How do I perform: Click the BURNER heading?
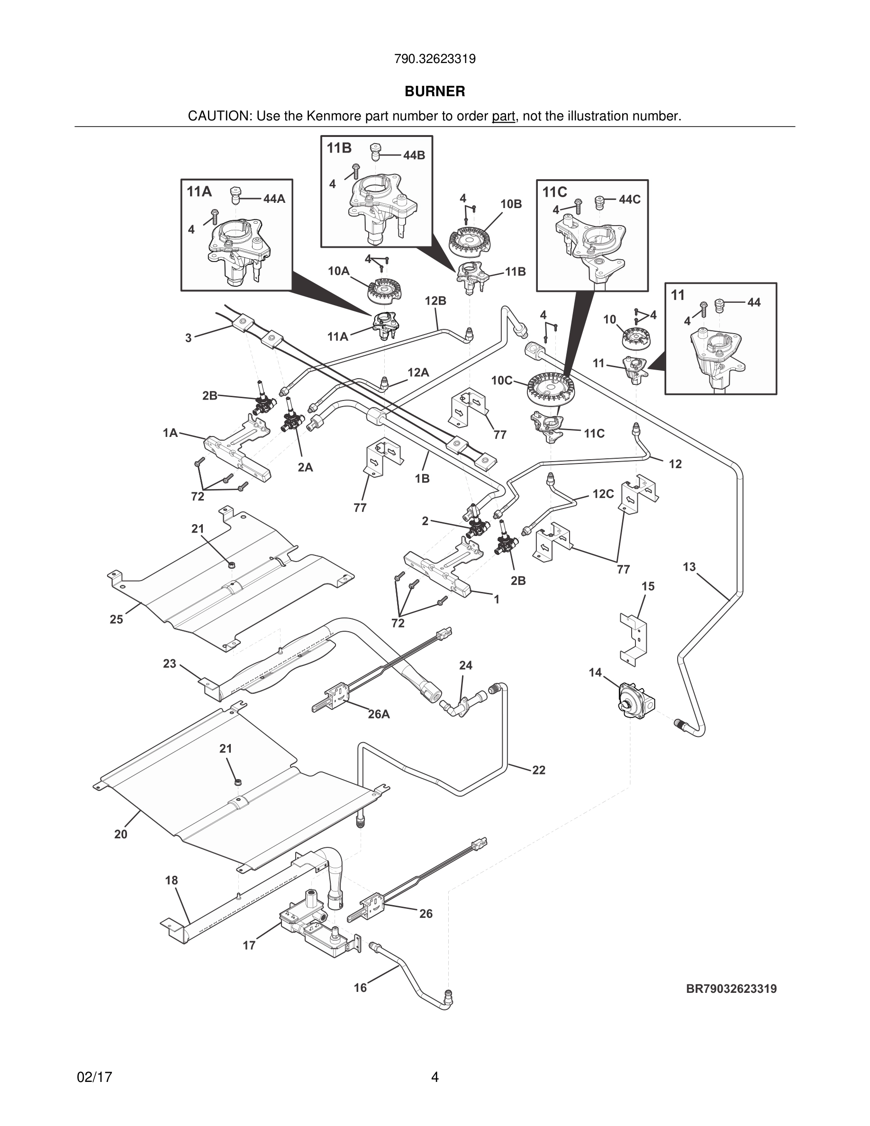[435, 91]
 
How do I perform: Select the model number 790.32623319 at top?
[435, 59]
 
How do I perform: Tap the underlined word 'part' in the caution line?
[503, 117]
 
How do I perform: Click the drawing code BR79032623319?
[731, 989]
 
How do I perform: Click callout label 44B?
[414, 155]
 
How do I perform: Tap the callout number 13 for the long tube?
[689, 567]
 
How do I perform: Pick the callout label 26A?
[378, 714]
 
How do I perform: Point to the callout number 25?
[116, 619]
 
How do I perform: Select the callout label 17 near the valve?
[249, 945]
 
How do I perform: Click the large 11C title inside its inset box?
[554, 192]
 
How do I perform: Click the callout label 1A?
[170, 433]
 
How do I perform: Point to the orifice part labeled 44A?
[236, 196]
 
